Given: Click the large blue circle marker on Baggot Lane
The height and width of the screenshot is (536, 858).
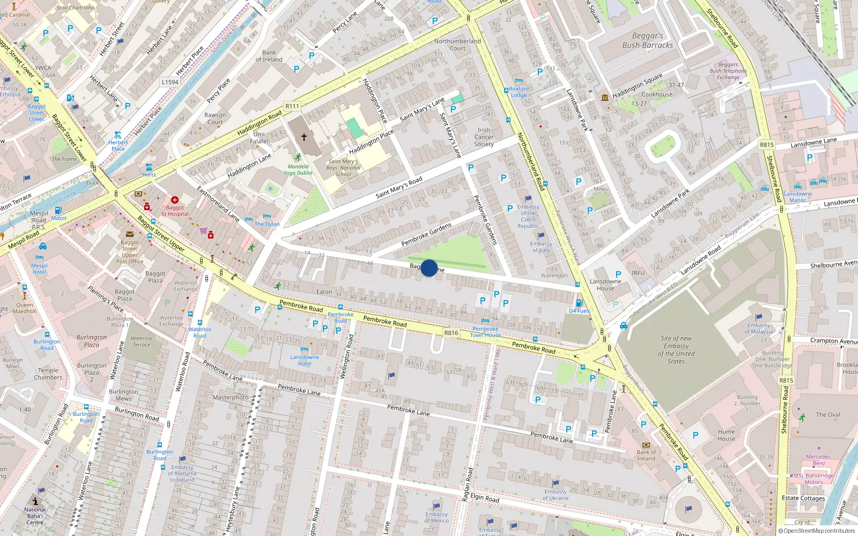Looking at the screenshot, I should [x=429, y=267].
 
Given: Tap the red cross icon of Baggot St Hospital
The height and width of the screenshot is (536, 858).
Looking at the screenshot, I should [x=174, y=200].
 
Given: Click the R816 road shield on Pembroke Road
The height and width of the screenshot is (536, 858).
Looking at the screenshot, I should [x=451, y=333].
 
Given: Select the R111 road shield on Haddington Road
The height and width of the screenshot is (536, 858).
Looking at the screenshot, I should [x=292, y=106].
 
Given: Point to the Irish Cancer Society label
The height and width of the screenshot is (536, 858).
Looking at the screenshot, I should [x=484, y=137].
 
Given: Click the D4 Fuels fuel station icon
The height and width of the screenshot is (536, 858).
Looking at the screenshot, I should [x=578, y=303].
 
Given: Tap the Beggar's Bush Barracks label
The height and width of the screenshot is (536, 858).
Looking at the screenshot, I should [x=647, y=41].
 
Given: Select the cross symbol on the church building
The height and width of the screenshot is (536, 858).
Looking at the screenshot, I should [x=304, y=137].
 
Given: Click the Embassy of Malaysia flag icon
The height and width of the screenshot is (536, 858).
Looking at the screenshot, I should [x=758, y=317].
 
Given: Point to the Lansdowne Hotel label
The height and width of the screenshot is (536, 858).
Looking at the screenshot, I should [x=305, y=360].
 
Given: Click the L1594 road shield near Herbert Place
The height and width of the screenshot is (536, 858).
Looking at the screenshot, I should [x=170, y=82].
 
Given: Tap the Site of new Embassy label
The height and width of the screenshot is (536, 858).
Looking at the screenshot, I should [x=676, y=349].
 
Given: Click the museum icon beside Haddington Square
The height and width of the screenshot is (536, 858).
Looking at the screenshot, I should [x=605, y=98].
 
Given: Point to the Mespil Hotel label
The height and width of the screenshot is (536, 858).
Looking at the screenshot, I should [x=39, y=269].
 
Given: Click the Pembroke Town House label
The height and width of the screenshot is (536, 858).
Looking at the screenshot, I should [x=485, y=332].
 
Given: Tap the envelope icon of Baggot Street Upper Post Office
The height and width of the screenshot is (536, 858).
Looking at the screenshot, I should [x=130, y=234].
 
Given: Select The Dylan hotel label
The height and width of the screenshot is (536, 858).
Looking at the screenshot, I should [x=267, y=224].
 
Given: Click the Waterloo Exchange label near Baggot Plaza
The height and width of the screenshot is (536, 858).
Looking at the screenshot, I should [x=186, y=286].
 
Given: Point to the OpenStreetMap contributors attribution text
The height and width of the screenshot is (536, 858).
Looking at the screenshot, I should [x=817, y=531].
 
